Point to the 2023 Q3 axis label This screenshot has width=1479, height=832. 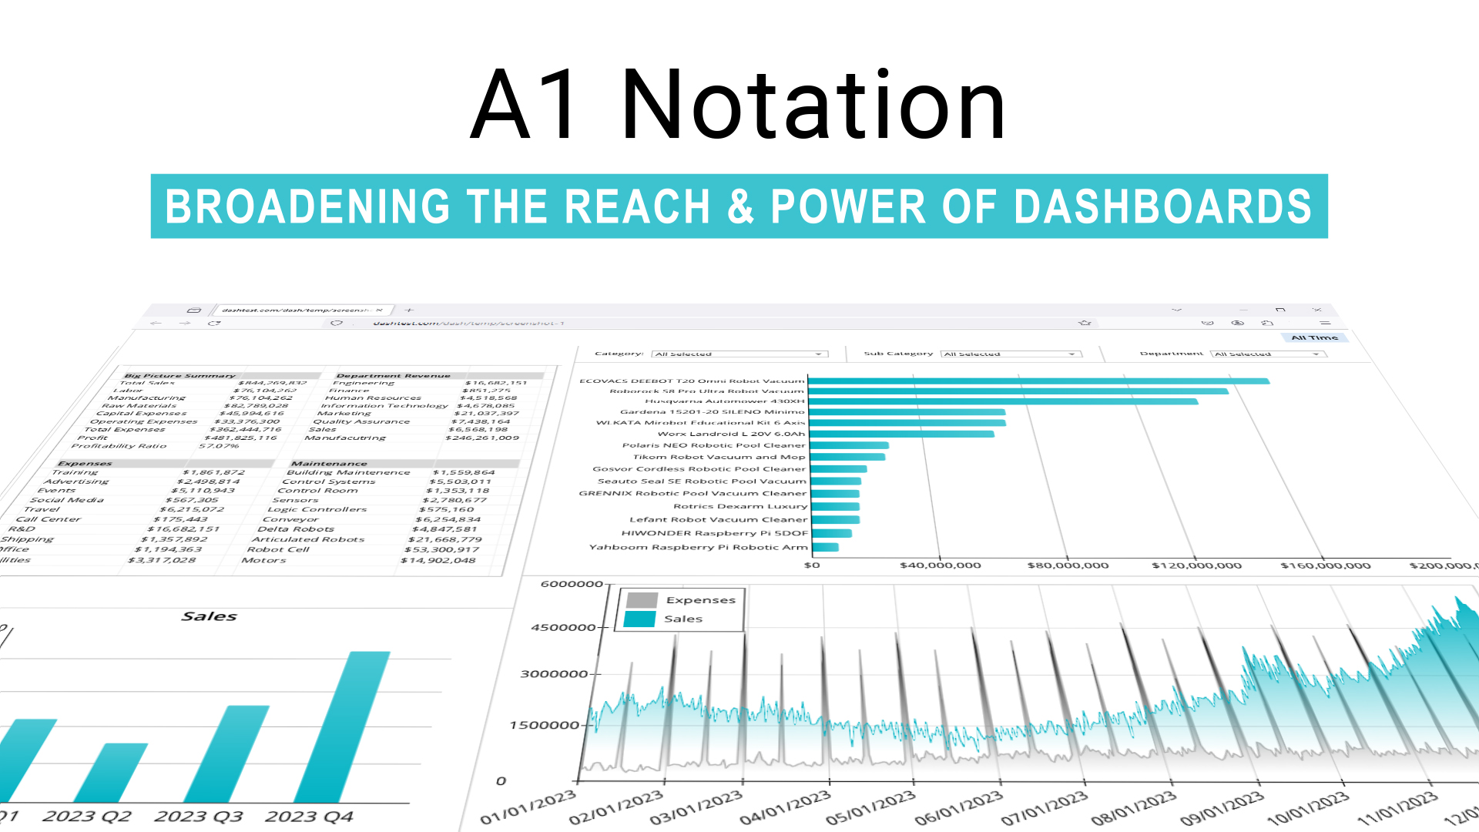(x=199, y=817)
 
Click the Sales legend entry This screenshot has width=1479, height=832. (x=682, y=619)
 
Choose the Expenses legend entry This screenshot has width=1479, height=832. (x=699, y=600)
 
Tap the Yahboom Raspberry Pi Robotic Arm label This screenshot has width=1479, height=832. (x=698, y=548)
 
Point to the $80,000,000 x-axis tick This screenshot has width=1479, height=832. (x=1068, y=565)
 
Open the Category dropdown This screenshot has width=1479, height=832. (x=739, y=354)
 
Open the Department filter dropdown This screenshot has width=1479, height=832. (x=1267, y=354)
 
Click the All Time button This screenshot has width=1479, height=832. (x=1314, y=337)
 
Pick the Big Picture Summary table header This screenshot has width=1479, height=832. (x=179, y=376)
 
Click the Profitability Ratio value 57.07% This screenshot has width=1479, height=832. (x=219, y=446)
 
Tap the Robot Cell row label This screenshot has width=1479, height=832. (x=277, y=549)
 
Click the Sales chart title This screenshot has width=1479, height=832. (x=210, y=616)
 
